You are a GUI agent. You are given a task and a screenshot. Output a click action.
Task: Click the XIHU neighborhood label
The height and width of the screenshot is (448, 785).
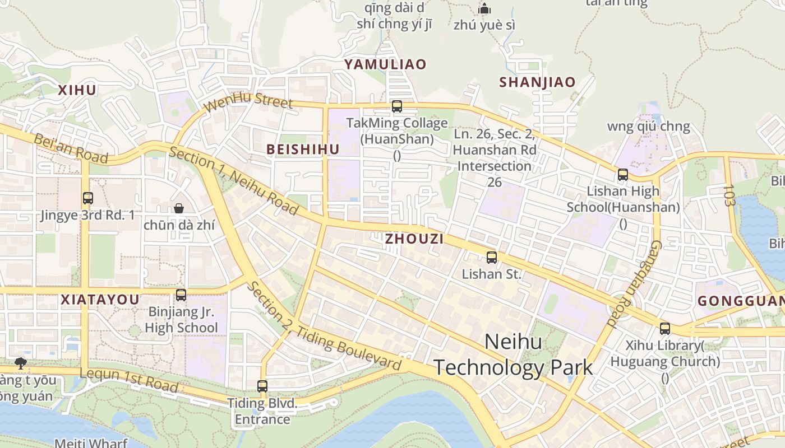click(77, 90)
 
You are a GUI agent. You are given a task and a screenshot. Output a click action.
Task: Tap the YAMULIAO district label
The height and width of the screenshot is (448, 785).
click(385, 64)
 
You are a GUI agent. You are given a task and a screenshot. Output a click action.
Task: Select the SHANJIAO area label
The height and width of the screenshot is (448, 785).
click(537, 82)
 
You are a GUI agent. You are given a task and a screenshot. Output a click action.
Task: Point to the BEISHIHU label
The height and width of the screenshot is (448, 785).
click(303, 150)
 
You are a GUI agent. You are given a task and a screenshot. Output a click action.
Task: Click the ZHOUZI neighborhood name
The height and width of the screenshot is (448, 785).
click(414, 239)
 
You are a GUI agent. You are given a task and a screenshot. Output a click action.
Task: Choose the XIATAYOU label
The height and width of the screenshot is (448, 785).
click(100, 300)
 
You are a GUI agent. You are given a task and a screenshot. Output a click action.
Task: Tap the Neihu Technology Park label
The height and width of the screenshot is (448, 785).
click(513, 354)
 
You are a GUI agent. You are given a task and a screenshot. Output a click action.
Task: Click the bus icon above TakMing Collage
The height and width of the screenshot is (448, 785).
click(397, 106)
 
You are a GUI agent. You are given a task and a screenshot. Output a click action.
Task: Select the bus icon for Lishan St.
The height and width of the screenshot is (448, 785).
click(492, 258)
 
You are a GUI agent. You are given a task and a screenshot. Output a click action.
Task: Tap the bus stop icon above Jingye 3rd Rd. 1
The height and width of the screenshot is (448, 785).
click(88, 198)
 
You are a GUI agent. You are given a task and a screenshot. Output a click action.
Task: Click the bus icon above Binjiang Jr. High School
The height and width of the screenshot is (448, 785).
click(181, 295)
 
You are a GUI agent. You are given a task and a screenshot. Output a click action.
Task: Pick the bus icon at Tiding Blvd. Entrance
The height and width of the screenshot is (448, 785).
click(262, 386)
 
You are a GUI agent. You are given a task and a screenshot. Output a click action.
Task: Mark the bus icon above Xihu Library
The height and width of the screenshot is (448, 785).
click(665, 329)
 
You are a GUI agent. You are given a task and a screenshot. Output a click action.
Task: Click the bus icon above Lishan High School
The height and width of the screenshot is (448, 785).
click(623, 174)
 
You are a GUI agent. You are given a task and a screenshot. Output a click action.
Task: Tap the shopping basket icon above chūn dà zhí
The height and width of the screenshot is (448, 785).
click(179, 208)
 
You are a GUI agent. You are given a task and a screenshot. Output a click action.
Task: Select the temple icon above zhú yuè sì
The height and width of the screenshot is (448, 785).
click(484, 8)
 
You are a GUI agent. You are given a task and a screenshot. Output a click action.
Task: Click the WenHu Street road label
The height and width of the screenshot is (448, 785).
click(248, 102)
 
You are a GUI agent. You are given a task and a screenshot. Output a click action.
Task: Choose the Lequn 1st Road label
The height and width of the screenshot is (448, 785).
click(129, 380)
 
